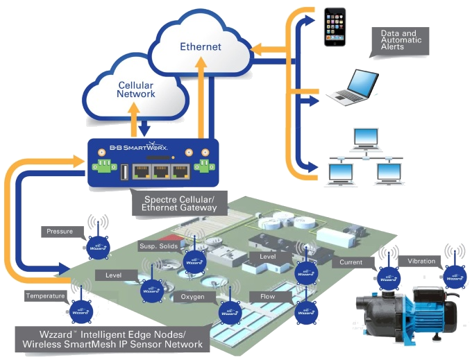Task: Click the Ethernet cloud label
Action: click(x=200, y=47)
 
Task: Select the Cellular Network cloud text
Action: click(x=136, y=89)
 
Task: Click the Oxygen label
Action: click(x=192, y=297)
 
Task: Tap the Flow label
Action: click(x=267, y=297)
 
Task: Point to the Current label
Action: click(x=351, y=263)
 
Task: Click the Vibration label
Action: click(x=421, y=262)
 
